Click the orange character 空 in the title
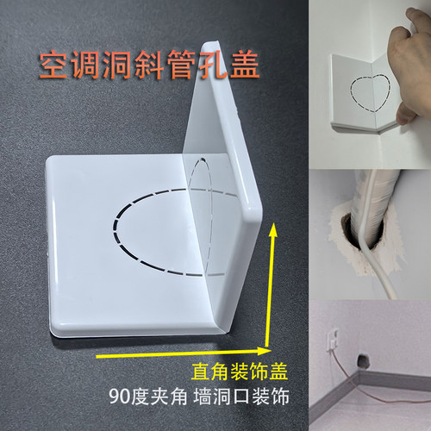coord(51,66)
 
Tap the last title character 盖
coord(252,66)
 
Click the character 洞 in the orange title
coord(118,66)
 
